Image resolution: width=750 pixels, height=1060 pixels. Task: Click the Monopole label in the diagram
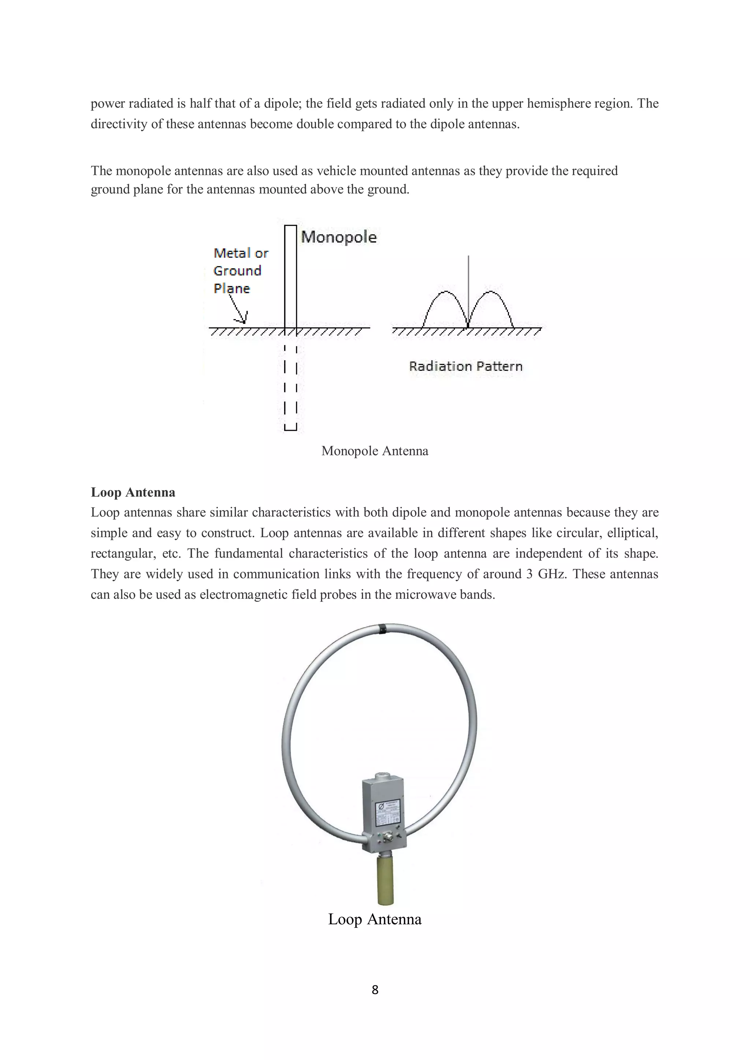click(338, 237)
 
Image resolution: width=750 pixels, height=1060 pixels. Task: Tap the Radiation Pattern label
click(465, 366)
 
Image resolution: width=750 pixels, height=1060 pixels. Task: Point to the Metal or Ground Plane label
click(240, 270)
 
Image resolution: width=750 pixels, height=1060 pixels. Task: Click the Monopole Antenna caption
click(375, 451)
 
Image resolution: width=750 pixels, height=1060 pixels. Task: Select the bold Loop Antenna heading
click(133, 492)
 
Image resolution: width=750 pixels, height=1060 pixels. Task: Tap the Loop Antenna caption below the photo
click(375, 919)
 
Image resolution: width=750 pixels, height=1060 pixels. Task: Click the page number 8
click(375, 989)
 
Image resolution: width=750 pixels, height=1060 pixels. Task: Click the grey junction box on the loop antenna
click(383, 813)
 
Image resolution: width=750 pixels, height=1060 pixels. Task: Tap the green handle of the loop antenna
click(385, 880)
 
